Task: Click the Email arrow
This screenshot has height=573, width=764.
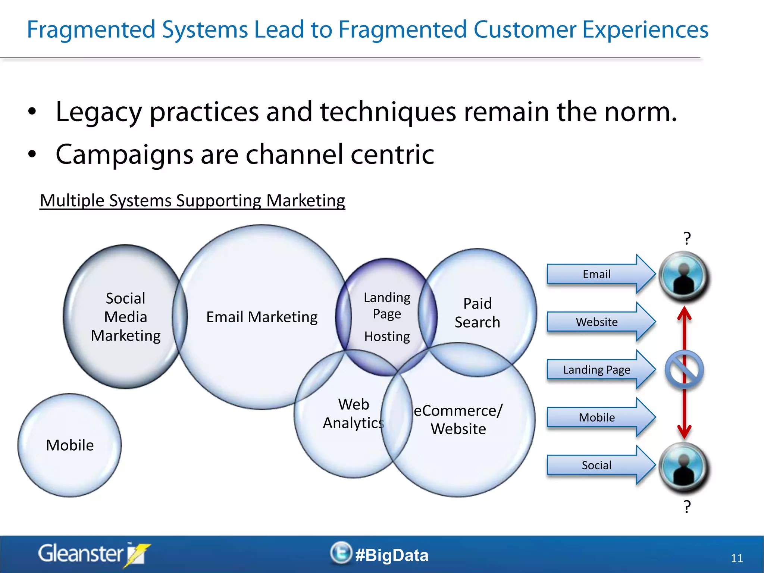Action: [x=597, y=274]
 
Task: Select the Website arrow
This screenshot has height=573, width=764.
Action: [x=597, y=322]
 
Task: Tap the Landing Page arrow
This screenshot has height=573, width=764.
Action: [x=597, y=370]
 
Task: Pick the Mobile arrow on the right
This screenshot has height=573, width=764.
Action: [x=597, y=417]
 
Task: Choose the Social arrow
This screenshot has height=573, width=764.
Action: [x=597, y=465]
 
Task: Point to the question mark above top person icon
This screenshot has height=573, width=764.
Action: [x=687, y=238]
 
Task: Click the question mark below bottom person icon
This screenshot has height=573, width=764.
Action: [x=687, y=507]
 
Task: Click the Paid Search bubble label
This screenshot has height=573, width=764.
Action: [x=477, y=313]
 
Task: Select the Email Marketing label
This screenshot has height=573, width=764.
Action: [x=262, y=317]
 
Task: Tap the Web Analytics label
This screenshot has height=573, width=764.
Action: [x=353, y=413]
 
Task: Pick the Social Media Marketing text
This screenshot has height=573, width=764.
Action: [x=126, y=317]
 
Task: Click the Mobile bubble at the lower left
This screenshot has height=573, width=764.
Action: [x=70, y=445]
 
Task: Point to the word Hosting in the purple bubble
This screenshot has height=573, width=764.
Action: [x=387, y=336]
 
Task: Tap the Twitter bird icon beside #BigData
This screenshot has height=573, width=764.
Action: [x=341, y=553]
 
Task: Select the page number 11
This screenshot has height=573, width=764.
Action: [x=737, y=558]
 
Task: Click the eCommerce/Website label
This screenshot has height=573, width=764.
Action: [x=458, y=420]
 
